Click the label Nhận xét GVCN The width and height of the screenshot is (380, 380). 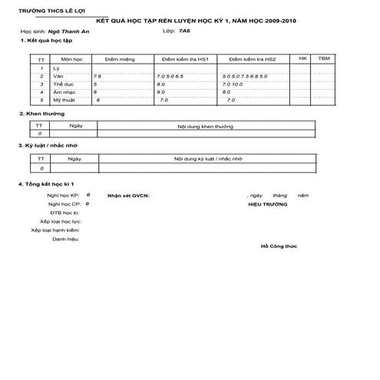tap(129, 196)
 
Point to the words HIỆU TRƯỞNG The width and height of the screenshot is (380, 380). tap(268, 205)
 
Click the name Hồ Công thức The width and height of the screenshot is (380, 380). tap(279, 247)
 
